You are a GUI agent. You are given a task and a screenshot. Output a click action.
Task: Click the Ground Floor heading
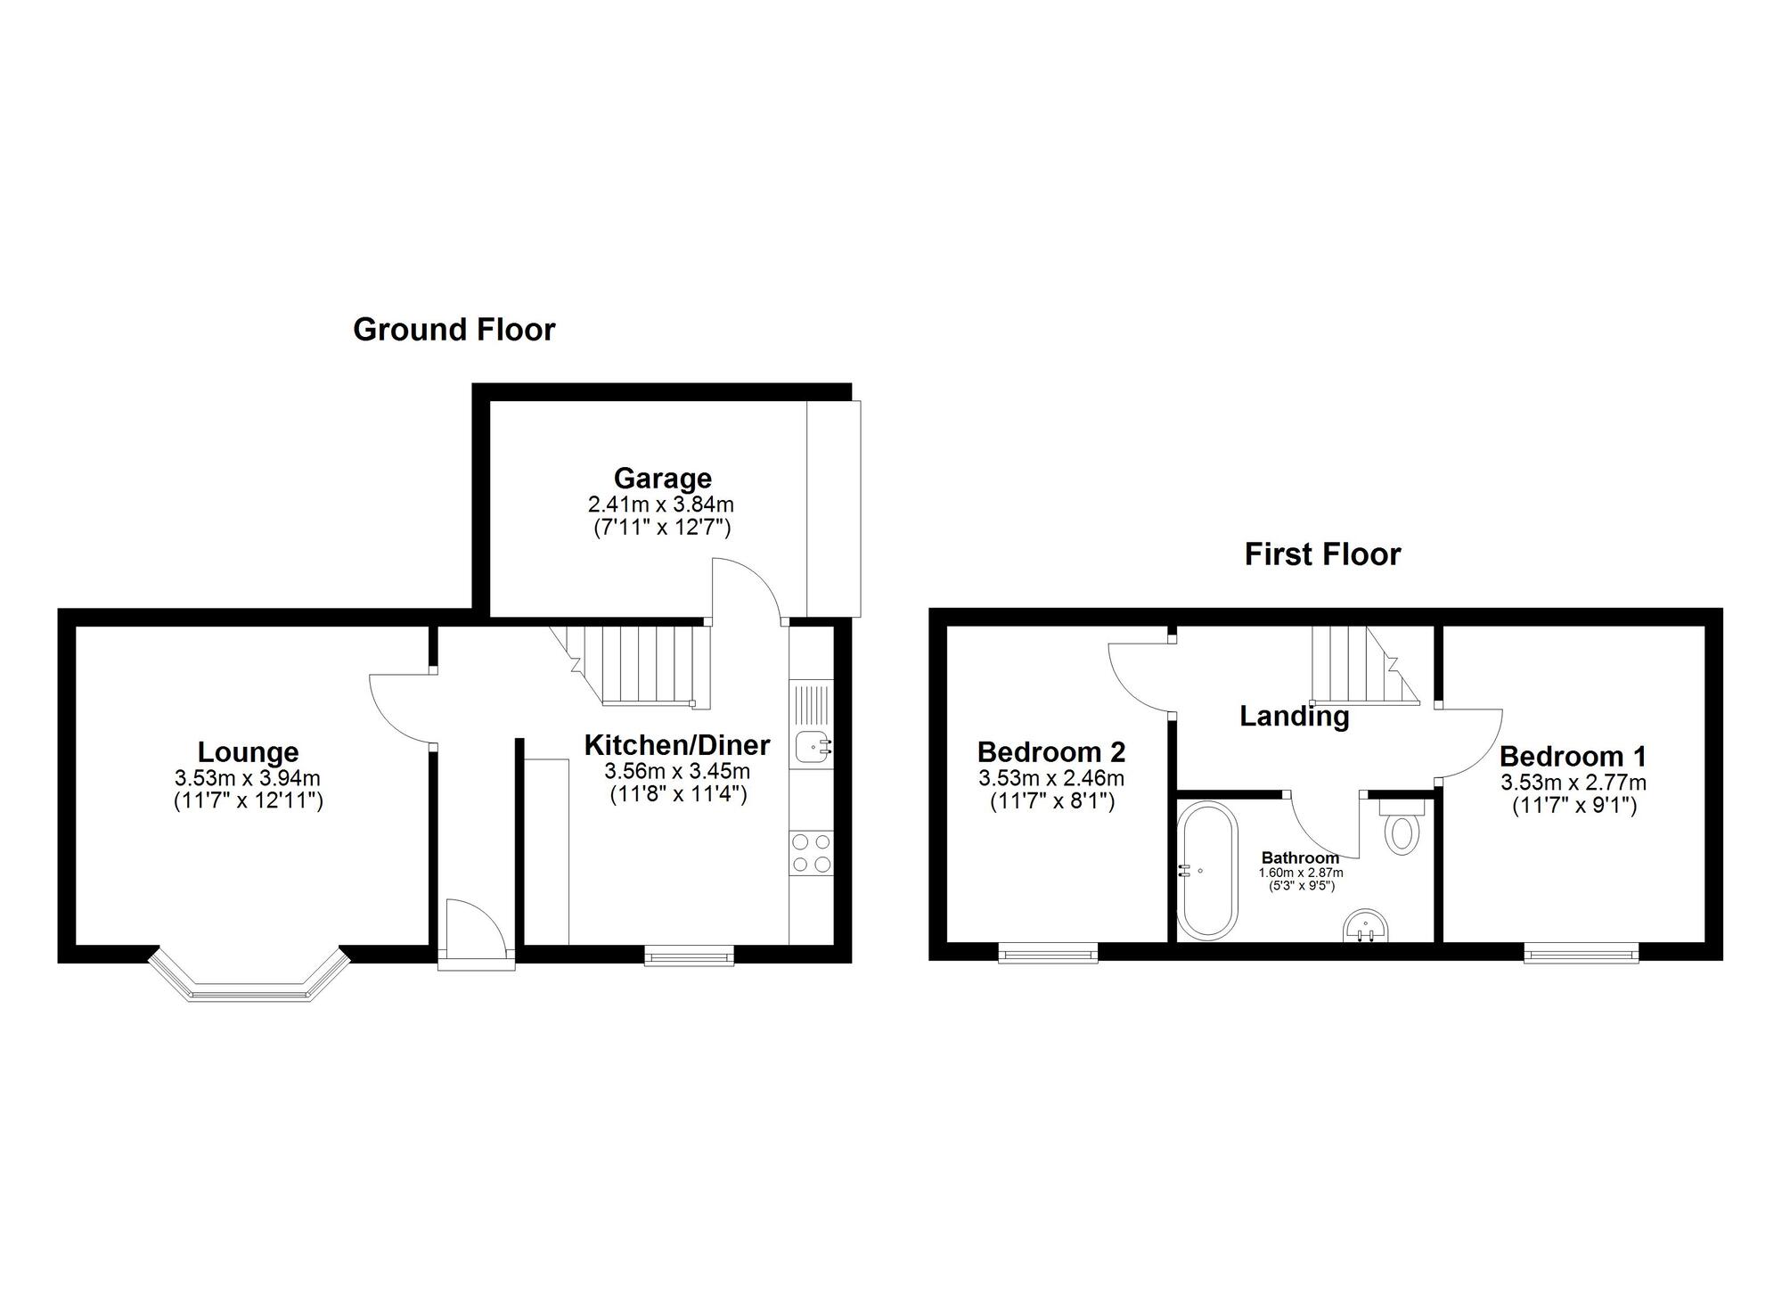point(454,330)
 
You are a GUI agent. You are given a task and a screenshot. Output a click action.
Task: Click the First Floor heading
point(1322,554)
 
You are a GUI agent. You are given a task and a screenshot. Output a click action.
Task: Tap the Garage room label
point(662,479)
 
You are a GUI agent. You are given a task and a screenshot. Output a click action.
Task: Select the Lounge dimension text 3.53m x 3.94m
point(248,778)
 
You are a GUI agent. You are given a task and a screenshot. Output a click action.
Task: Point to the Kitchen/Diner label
point(676,744)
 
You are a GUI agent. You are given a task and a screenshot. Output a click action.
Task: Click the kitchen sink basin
point(813,745)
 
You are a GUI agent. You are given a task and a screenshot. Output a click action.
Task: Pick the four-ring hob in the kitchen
point(811,852)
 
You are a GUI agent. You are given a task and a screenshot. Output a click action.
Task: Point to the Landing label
point(1294,716)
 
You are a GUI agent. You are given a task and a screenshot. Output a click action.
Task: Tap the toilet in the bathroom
point(1402,831)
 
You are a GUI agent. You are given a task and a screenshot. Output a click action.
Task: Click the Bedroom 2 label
point(1051,751)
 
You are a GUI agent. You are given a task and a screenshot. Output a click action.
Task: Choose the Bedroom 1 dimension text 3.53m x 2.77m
point(1574,783)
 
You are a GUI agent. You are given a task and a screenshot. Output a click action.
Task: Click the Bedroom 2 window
point(1048,956)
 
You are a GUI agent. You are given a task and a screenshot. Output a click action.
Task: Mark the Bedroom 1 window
point(1581,956)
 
